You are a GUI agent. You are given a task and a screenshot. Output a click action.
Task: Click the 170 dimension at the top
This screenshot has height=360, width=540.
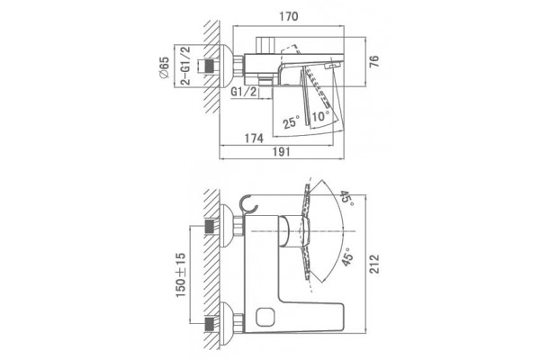(x=289, y=16)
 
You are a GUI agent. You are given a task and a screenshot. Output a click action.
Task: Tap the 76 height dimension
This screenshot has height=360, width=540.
(x=374, y=61)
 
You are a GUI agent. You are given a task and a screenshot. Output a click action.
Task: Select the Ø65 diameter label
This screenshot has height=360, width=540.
(x=165, y=67)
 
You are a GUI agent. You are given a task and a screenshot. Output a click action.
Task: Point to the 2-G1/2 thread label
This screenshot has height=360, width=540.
(x=184, y=66)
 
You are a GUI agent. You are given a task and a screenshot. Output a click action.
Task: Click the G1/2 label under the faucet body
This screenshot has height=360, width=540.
(x=244, y=92)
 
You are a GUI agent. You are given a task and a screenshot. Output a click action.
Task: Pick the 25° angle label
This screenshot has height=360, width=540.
(x=292, y=121)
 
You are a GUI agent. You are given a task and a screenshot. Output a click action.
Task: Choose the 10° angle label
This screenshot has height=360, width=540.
(x=319, y=116)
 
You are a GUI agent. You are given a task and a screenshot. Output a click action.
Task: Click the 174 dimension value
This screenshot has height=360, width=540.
(x=254, y=138)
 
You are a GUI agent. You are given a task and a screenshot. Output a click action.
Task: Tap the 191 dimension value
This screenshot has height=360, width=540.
(x=282, y=151)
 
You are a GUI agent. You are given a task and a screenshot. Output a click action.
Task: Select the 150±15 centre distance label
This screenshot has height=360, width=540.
(x=181, y=274)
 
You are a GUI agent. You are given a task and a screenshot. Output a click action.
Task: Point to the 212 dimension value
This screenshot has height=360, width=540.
(x=374, y=264)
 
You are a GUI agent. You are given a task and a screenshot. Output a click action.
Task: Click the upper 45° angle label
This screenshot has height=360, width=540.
(x=346, y=199)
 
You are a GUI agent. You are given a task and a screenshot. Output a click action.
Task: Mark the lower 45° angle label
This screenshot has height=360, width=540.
(x=347, y=257)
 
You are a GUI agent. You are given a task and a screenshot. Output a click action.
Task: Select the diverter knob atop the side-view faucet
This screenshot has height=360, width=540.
(x=265, y=45)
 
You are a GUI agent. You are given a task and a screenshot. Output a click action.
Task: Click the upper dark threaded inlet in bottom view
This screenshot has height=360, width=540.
(x=210, y=226)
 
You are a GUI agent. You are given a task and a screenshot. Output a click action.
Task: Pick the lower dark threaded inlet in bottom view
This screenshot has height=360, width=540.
(x=210, y=324)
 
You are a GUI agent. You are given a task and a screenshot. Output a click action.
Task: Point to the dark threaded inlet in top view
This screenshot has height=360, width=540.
(x=210, y=66)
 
